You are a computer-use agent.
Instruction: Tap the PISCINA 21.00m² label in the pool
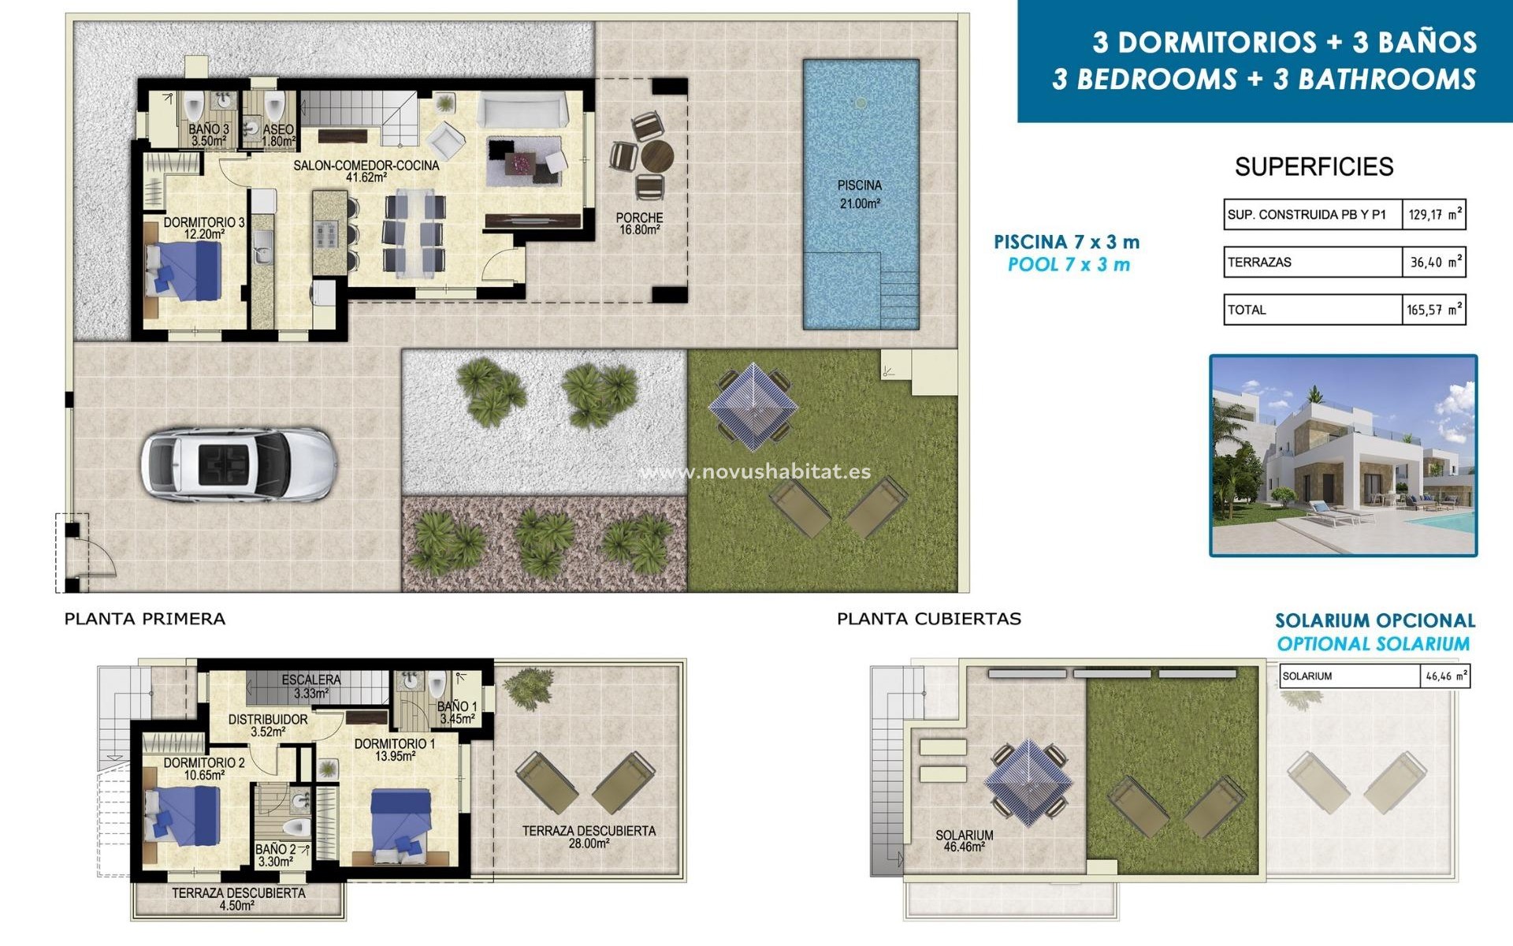click(859, 194)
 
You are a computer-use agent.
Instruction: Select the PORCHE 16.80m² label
click(639, 223)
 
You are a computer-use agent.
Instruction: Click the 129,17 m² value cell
click(1433, 214)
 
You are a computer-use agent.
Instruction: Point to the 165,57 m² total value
click(1433, 310)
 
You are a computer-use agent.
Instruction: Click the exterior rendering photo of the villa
click(1343, 456)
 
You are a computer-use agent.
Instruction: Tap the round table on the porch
click(656, 156)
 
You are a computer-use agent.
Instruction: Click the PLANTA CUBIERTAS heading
click(928, 619)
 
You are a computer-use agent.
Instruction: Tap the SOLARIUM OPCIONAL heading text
click(1374, 621)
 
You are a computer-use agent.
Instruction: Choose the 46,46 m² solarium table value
click(1445, 676)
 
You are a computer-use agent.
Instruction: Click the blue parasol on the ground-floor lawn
click(753, 407)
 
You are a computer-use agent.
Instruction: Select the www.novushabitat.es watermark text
click(755, 471)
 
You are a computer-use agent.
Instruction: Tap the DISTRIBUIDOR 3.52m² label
click(268, 725)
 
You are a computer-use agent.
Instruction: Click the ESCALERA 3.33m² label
click(311, 686)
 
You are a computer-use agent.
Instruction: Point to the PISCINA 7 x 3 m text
click(1066, 242)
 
